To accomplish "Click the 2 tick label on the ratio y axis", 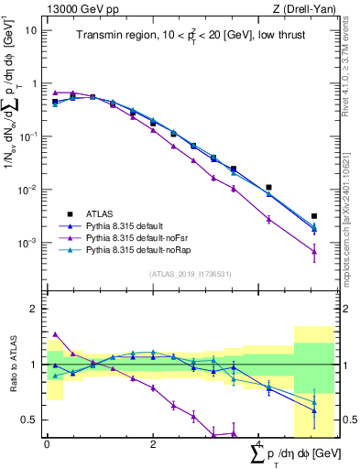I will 33,309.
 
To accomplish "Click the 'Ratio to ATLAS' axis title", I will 11,364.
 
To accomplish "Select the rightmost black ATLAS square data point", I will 314,216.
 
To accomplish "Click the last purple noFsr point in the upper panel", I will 314,251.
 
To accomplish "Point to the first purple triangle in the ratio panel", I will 56,335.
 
